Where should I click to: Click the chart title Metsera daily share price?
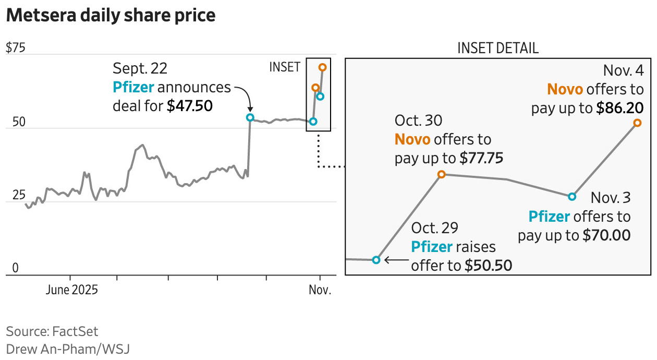click(111, 16)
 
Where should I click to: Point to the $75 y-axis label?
click(15, 48)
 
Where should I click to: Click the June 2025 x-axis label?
click(71, 290)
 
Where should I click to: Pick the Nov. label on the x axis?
click(320, 290)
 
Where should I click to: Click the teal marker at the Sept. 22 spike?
click(250, 117)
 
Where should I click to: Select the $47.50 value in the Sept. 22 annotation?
click(190, 106)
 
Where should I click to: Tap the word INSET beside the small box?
click(285, 67)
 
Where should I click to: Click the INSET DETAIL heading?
click(498, 49)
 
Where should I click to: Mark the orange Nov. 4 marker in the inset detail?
click(637, 123)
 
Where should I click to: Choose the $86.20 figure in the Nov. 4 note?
click(620, 109)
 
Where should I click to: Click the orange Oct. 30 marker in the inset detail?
click(441, 174)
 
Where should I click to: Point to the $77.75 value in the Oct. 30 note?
click(481, 159)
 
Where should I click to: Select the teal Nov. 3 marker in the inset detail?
click(572, 197)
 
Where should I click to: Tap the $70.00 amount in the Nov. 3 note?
click(606, 235)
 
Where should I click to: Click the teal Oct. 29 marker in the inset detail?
click(376, 259)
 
